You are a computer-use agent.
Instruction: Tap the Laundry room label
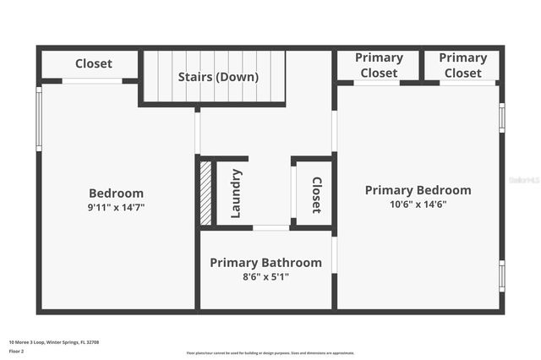click(236, 193)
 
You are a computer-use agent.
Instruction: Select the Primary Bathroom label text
click(265, 262)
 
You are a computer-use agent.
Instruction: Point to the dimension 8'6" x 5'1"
click(265, 276)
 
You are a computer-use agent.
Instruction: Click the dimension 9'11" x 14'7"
click(117, 207)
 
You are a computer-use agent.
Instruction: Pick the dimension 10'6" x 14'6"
click(418, 204)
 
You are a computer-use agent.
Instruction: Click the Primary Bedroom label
click(418, 190)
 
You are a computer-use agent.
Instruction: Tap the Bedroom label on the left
click(117, 193)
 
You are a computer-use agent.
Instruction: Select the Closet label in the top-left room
click(94, 63)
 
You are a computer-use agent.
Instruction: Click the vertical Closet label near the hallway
click(316, 194)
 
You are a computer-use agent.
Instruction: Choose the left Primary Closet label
click(379, 65)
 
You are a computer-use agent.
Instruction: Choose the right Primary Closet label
click(462, 65)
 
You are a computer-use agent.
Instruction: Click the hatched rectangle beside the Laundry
click(205, 193)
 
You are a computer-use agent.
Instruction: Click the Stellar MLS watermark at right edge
click(525, 180)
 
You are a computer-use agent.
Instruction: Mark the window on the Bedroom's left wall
click(39, 118)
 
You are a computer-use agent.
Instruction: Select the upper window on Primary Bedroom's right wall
click(501, 117)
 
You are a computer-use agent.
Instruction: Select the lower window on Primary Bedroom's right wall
click(501, 275)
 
